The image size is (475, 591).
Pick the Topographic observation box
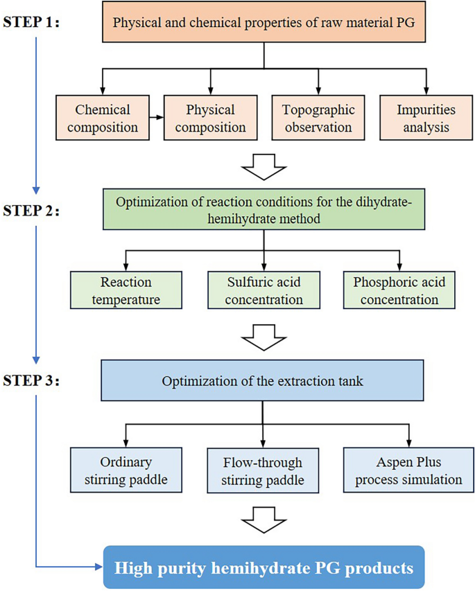(x=318, y=118)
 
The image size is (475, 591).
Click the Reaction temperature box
(x=126, y=291)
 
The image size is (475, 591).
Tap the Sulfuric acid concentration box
(x=264, y=291)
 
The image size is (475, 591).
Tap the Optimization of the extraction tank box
(x=263, y=380)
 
